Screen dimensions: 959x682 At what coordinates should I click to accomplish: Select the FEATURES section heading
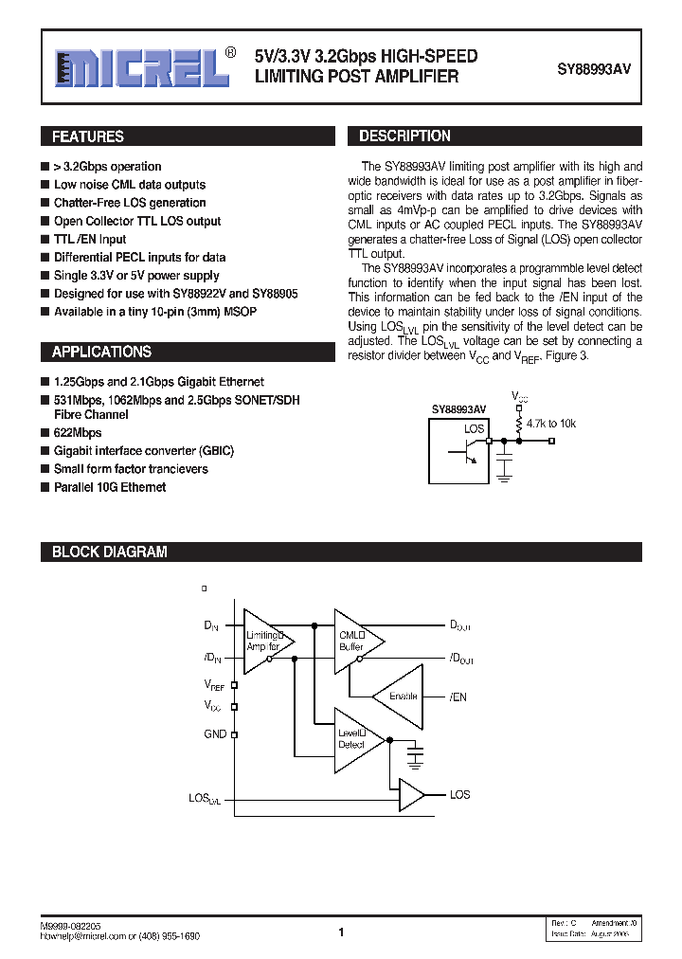point(87,136)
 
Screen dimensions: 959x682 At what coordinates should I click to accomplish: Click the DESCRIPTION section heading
point(404,136)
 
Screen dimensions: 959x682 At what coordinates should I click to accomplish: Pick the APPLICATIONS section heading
point(101,352)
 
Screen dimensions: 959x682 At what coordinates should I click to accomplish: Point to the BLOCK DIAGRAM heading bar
point(109,552)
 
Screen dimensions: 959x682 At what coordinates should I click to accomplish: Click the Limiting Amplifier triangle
point(265,641)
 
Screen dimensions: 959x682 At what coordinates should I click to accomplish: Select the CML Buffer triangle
point(356,641)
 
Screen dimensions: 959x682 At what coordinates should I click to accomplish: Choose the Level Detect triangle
point(355,738)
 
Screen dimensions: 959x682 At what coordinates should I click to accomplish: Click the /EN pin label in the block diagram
point(458,697)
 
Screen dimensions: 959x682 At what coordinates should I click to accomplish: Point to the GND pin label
point(215,733)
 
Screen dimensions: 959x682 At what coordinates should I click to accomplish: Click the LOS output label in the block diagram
point(459,795)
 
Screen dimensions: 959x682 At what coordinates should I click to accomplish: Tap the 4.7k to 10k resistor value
point(550,423)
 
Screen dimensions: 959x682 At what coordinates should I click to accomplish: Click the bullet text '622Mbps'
point(78,432)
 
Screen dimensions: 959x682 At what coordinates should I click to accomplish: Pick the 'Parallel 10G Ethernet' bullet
point(110,487)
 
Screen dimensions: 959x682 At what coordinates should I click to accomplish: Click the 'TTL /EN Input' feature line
point(90,239)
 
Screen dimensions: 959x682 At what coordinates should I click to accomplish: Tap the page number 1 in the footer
point(341,932)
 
